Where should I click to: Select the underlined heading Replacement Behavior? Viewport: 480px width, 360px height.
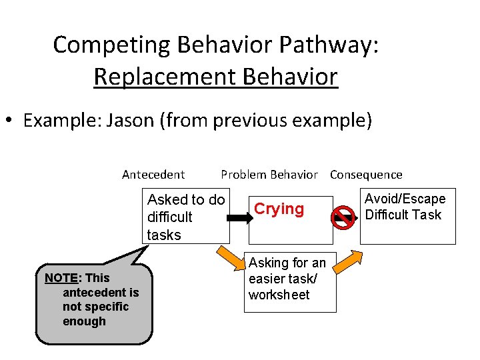click(215, 77)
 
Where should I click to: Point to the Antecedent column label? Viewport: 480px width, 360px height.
click(153, 175)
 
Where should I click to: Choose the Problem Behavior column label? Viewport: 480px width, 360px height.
click(269, 175)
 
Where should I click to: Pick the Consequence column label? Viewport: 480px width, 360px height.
click(366, 175)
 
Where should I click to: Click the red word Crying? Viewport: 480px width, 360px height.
click(279, 209)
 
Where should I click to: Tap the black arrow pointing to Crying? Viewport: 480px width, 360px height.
click(237, 217)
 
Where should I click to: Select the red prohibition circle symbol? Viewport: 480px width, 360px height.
click(343, 217)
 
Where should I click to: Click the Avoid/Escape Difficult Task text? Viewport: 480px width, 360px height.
click(405, 207)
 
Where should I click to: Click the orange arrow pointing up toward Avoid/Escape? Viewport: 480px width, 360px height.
click(347, 263)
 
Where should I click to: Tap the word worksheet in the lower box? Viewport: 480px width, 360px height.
click(279, 295)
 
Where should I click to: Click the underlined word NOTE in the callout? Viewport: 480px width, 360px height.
click(58, 277)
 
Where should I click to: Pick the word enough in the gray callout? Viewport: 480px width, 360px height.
click(84, 321)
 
